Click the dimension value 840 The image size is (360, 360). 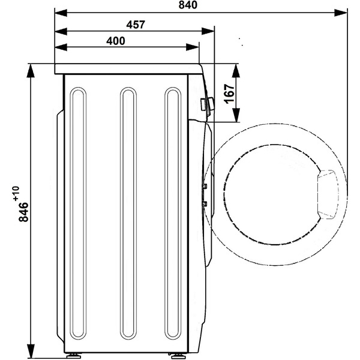[x=188, y=5]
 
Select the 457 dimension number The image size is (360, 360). [x=136, y=25]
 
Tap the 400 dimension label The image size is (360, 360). [x=116, y=41]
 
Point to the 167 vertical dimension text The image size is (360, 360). [x=230, y=94]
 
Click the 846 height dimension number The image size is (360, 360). [x=23, y=212]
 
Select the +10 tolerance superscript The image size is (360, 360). [x=16, y=194]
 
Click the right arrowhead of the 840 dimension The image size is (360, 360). [x=341, y=13]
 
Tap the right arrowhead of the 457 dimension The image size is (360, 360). [x=208, y=31]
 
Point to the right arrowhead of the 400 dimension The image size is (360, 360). [x=193, y=47]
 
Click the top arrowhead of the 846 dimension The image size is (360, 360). [x=31, y=71]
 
